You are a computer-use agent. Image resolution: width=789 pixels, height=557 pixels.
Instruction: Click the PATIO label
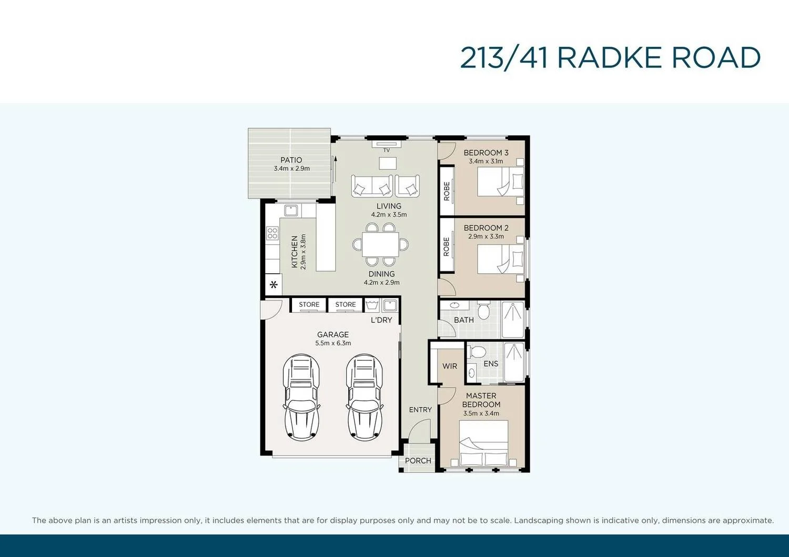coord(291,160)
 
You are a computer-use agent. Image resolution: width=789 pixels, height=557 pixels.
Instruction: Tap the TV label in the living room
coord(387,150)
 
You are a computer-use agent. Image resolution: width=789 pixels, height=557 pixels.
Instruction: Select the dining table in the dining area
coord(380,244)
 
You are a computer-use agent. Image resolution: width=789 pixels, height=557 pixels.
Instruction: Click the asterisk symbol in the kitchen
coord(274,285)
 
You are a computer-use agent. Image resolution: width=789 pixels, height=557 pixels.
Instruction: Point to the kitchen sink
coord(291,211)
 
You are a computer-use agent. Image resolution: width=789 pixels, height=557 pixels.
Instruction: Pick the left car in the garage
coord(301,397)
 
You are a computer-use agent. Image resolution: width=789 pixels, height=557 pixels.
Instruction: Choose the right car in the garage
coord(364,397)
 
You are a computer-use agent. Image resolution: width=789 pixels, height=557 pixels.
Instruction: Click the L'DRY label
coord(381,320)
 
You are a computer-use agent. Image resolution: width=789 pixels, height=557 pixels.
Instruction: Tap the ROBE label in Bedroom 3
coord(447,191)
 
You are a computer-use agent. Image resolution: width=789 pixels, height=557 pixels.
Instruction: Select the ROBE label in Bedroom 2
coord(447,246)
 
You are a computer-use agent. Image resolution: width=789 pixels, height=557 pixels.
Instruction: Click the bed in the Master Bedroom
coord(483,443)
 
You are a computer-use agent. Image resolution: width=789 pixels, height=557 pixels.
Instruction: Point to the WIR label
coord(450,366)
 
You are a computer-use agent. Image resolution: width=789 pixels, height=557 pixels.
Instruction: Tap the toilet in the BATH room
coord(483,311)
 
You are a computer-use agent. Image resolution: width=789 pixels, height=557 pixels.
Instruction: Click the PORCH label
coord(418,461)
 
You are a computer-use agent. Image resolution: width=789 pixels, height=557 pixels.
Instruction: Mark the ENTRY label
coord(420,410)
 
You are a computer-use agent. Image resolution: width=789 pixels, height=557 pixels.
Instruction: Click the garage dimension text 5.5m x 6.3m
coord(333,343)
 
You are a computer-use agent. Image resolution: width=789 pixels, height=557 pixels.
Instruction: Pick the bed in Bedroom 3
coord(501,182)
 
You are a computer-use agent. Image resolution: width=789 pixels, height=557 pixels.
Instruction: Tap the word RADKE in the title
coord(609,58)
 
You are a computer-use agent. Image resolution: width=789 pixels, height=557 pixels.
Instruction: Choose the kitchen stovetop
coord(272,233)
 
